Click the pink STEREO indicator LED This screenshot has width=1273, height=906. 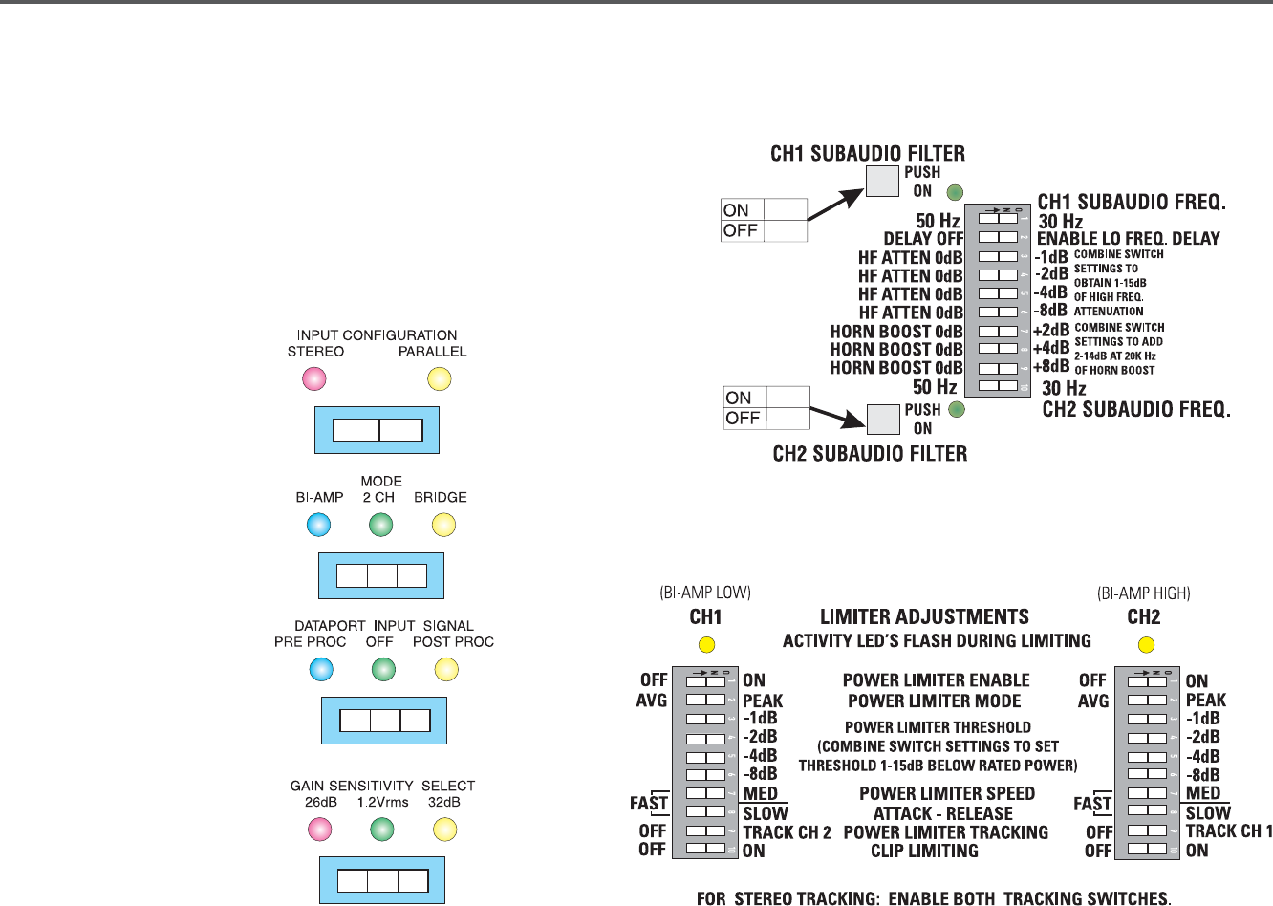tap(313, 379)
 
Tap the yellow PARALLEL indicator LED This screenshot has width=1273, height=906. tap(439, 379)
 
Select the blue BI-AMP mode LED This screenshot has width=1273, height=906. tap(318, 525)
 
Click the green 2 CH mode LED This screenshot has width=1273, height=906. tap(380, 525)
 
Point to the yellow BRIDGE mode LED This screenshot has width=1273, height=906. tap(443, 525)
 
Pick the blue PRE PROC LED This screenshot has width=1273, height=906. tap(321, 670)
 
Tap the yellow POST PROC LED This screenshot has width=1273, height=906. tap(446, 670)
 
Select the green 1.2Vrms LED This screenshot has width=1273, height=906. tap(382, 830)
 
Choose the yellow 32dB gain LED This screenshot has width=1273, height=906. tap(444, 830)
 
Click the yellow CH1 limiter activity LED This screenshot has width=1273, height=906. tap(707, 645)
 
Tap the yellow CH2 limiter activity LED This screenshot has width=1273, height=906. tap(1147, 645)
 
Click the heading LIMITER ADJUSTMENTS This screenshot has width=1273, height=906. tap(924, 617)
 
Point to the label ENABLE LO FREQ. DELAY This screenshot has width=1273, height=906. tap(1129, 239)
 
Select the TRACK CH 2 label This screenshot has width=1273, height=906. tap(788, 832)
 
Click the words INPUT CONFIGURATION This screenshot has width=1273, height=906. tap(377, 335)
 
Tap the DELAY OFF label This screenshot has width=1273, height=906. tap(923, 239)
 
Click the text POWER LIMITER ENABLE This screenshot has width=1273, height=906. tap(936, 680)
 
